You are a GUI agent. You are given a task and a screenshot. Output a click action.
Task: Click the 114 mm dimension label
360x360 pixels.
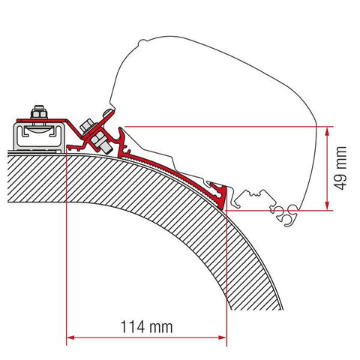coord(146,327)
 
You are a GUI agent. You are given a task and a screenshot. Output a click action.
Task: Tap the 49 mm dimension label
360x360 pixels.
coord(340,168)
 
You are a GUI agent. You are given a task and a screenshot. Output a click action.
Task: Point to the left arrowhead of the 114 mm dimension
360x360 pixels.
coord(71,337)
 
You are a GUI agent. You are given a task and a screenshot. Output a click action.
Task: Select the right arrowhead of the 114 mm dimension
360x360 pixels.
coord(222,337)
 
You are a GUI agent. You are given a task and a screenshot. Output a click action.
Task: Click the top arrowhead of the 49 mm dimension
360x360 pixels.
coord(326,131)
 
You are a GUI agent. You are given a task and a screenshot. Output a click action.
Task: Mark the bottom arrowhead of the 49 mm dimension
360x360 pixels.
coord(326,205)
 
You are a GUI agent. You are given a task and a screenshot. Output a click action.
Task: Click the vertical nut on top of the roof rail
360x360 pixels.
coord(39,112)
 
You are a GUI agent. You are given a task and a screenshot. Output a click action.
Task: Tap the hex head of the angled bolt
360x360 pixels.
coord(86,125)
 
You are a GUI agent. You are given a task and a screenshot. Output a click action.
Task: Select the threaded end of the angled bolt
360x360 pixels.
coord(107,149)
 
